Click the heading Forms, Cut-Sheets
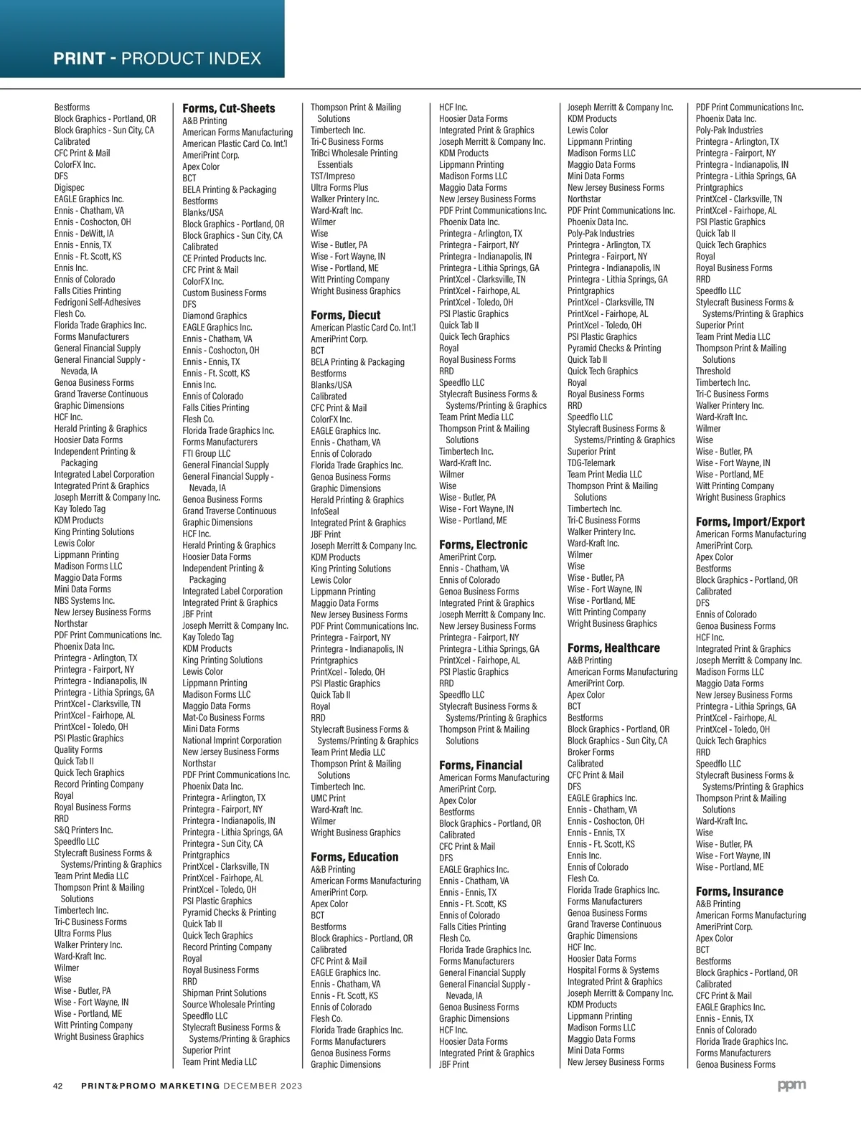(228, 108)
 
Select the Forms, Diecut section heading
(345, 316)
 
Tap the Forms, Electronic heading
(483, 545)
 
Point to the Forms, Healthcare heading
(613, 648)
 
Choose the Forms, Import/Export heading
(750, 522)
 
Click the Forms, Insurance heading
(739, 892)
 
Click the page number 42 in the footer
(59, 1086)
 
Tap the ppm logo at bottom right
(791, 1086)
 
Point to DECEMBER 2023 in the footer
(263, 1086)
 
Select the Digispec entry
(69, 188)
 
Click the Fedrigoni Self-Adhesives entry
(98, 303)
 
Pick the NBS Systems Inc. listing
(84, 601)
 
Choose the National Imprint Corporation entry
(232, 741)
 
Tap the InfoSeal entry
(325, 512)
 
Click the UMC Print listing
(328, 798)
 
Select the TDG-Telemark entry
(591, 463)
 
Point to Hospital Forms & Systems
(613, 970)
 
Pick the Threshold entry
(713, 371)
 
